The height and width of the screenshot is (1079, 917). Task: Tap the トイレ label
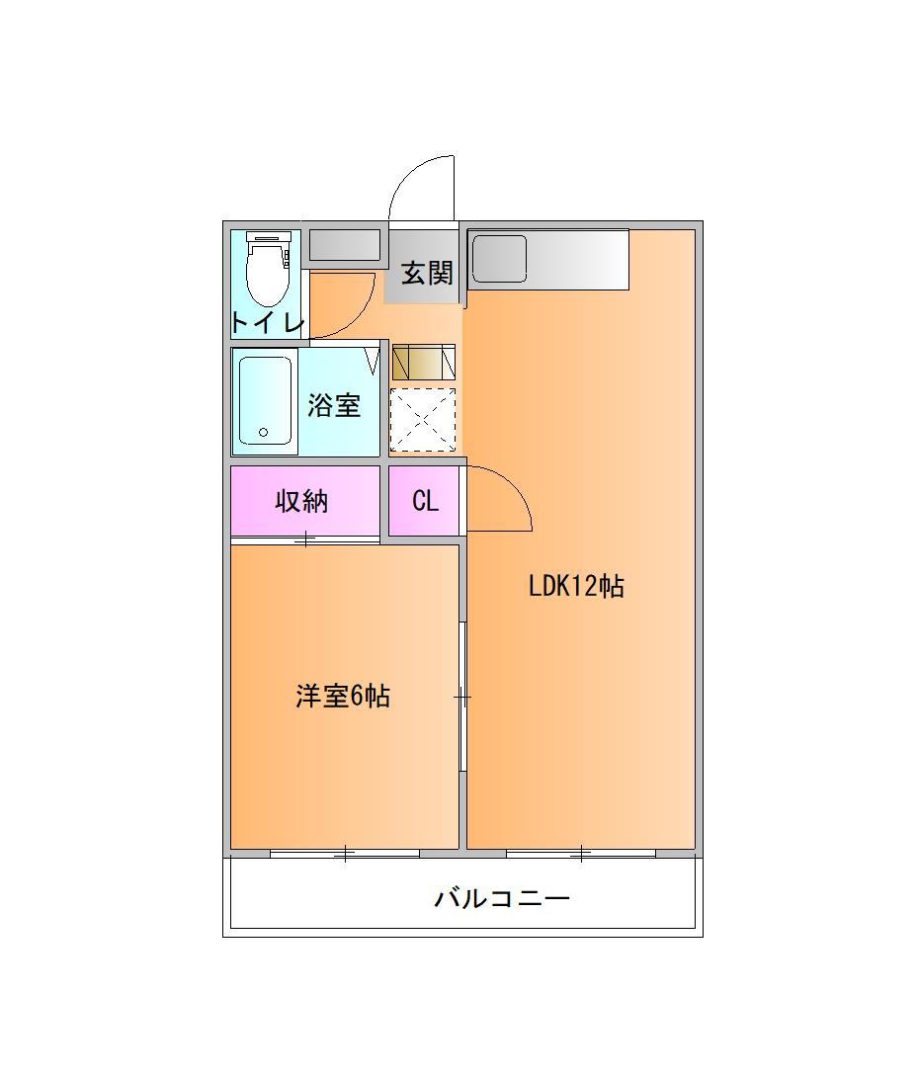point(268,322)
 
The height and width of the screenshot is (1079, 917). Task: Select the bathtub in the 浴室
point(265,401)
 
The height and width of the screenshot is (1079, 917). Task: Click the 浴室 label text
point(333,404)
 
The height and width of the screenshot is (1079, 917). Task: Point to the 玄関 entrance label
point(427,273)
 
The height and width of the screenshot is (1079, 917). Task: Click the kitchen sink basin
point(501,259)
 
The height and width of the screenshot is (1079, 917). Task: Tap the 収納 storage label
point(301,501)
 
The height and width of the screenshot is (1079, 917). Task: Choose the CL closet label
point(425,501)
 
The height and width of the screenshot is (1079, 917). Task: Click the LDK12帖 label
point(576,586)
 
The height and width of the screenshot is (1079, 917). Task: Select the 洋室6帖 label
point(343,696)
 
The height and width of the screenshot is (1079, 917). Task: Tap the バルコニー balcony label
point(502,898)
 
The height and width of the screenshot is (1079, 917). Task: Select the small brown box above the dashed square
point(423,363)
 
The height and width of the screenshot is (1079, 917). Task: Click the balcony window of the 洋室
point(344,853)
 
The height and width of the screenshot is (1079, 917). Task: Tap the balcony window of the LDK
point(581,853)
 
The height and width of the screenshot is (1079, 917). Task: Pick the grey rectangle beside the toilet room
point(345,245)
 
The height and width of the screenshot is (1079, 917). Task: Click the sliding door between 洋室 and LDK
point(462,697)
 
